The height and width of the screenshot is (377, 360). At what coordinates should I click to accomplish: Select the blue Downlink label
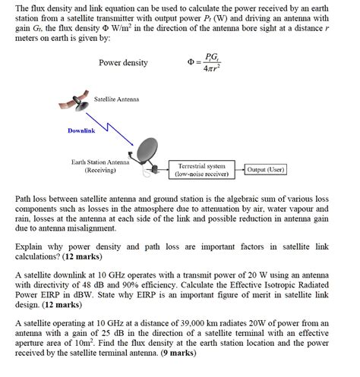tap(81, 131)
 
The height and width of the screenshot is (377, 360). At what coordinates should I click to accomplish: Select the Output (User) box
tap(266, 170)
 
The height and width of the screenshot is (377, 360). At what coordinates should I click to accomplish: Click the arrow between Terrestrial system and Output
tap(238, 170)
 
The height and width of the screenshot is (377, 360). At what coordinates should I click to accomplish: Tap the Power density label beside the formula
tap(124, 63)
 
